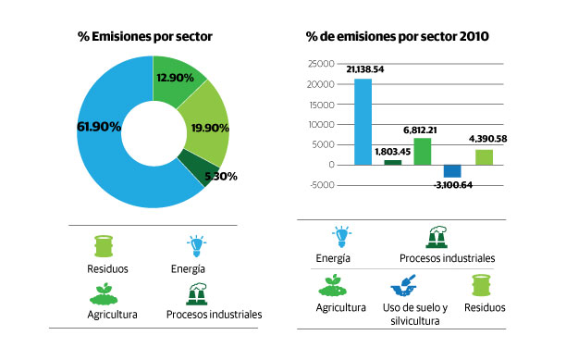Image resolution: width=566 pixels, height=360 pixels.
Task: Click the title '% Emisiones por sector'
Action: pyautogui.click(x=145, y=36)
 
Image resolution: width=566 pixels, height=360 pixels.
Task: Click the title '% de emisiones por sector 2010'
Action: pyautogui.click(x=398, y=36)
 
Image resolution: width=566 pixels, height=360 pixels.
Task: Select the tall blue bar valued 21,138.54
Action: pyautogui.click(x=363, y=121)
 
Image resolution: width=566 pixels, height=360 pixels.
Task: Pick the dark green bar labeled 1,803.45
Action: pyautogui.click(x=393, y=162)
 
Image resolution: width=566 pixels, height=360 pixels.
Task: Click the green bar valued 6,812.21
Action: pyautogui.click(x=422, y=151)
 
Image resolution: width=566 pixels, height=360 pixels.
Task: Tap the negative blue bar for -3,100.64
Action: pyautogui.click(x=452, y=170)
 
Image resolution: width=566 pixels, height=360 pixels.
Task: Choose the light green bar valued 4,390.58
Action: pyautogui.click(x=483, y=156)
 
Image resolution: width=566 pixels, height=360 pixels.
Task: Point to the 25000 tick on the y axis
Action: pyautogui.click(x=321, y=64)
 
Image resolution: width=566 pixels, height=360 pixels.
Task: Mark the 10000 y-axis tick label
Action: pyautogui.click(x=321, y=124)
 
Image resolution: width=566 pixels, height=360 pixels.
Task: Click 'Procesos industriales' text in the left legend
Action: pyautogui.click(x=214, y=315)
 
